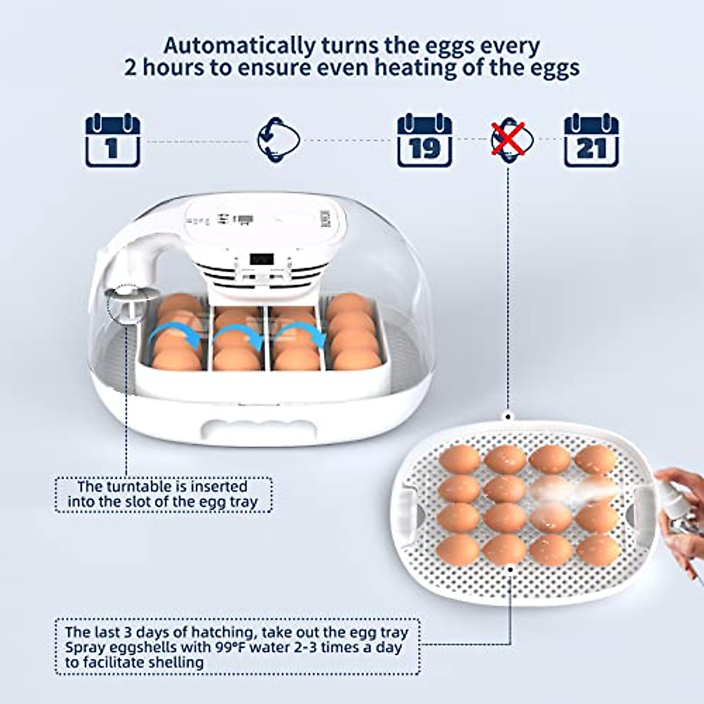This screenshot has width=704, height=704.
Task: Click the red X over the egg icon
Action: [x=508, y=139]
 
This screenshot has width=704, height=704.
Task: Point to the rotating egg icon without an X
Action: [x=279, y=140]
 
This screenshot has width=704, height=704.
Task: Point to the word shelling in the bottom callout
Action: [x=174, y=663]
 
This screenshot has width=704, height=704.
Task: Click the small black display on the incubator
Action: [x=261, y=259]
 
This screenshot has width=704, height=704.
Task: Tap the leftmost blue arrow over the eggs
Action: [x=170, y=339]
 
